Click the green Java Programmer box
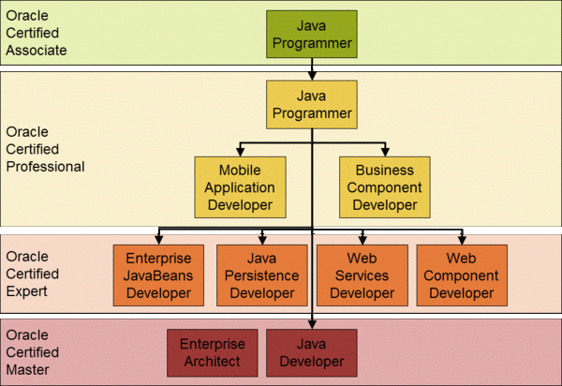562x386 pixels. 312,34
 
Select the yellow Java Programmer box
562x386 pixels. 312,104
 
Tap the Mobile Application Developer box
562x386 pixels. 240,187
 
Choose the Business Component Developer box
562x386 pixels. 385,187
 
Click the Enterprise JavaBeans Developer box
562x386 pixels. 158,275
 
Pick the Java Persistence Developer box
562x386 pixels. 262,275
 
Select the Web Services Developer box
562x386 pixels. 362,275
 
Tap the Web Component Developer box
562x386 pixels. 462,275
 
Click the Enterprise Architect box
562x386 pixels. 213,352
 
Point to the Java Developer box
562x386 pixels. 312,352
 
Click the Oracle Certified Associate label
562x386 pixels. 37,33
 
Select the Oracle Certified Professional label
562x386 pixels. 45,149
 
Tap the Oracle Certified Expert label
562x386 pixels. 32,274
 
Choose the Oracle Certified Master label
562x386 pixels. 32,352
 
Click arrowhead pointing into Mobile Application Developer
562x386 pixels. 240,152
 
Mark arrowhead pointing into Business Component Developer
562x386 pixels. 385,152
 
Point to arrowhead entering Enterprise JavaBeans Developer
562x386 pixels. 159,240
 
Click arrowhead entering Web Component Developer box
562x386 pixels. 462,240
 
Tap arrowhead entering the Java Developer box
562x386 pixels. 312,324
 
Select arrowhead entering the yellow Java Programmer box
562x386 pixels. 312,76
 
